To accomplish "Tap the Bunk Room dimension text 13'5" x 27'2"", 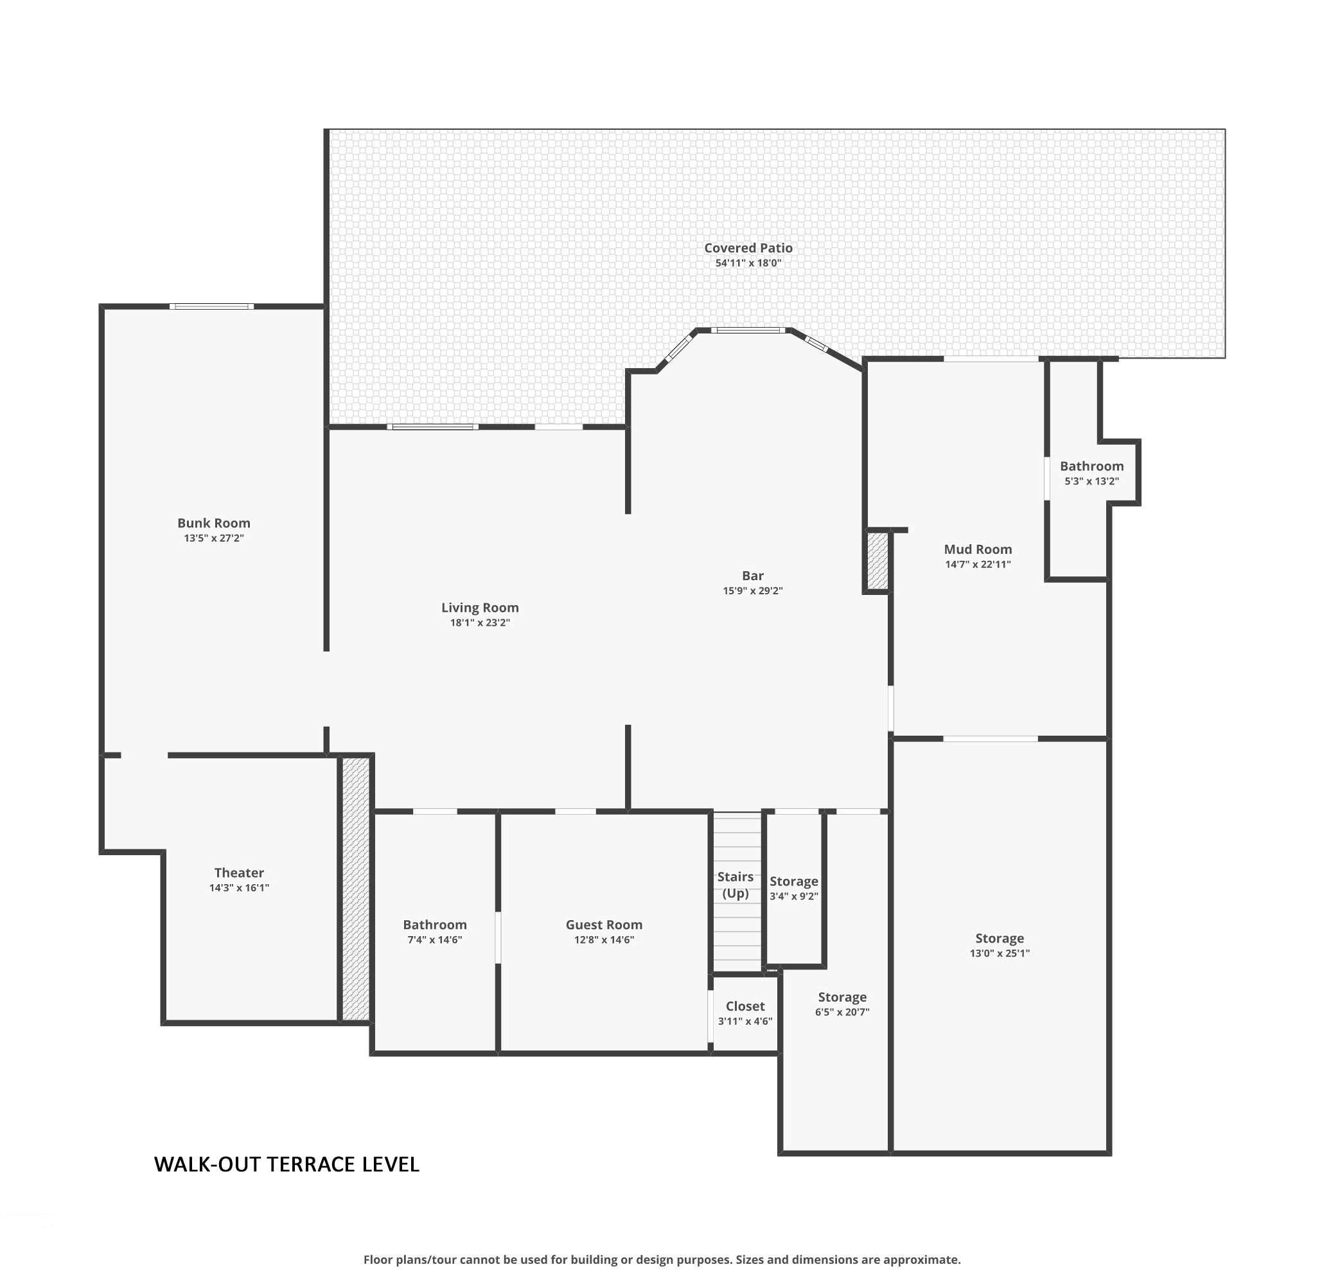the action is [x=213, y=538].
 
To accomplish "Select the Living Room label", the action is [x=479, y=607].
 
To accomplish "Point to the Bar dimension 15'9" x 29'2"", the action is [x=752, y=590].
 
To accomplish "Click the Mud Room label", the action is [x=978, y=549].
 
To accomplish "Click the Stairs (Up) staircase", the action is [x=737, y=892].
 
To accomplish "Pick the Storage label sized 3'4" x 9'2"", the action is [x=793, y=881].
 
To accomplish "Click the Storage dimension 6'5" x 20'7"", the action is [x=842, y=1011].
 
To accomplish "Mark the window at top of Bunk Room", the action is [x=211, y=306].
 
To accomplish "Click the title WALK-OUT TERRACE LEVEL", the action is [x=287, y=1164].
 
